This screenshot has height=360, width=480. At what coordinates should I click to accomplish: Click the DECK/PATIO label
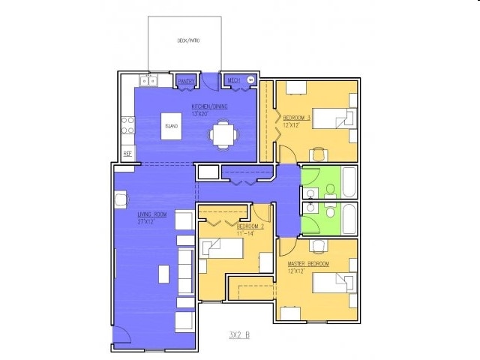coord(187,40)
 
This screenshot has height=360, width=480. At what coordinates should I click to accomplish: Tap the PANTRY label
coord(186,80)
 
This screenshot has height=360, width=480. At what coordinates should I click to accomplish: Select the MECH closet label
coord(233,79)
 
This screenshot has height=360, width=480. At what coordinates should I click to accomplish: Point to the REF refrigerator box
coord(127,153)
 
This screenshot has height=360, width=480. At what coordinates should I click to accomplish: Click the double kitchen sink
coord(147,80)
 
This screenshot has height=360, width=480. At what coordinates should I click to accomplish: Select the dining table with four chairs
coord(223,135)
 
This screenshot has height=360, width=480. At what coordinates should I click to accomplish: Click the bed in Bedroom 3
coord(331,118)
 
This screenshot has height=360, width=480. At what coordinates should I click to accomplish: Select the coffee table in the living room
coord(164,274)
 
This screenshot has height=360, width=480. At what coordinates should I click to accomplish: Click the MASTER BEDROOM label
coord(308,265)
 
